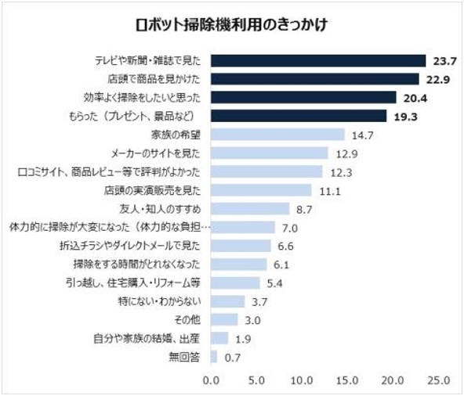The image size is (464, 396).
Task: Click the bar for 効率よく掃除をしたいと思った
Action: point(303,97)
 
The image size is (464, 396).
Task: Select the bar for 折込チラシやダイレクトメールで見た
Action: point(241,245)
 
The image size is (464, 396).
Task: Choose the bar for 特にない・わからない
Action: point(227,301)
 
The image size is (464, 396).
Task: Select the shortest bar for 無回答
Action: point(213,356)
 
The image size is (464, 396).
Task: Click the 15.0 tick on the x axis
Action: point(346,380)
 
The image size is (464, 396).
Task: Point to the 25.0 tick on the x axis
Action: point(437,380)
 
